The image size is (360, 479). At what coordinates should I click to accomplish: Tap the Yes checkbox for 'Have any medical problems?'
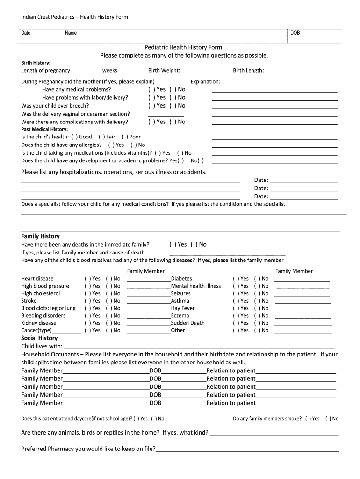point(151,89)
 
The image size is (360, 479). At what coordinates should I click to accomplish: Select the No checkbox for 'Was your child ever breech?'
point(172,106)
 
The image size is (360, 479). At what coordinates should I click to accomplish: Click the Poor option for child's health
point(124,137)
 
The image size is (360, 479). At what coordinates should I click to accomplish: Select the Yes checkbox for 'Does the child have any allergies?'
point(110,145)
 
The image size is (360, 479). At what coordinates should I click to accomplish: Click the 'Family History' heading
point(40,236)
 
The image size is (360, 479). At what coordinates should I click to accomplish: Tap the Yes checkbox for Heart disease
point(87,279)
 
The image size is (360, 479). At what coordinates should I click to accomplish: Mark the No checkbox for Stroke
point(108,301)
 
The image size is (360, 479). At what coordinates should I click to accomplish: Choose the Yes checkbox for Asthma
point(236,301)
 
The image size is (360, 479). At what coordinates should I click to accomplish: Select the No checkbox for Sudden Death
point(257,323)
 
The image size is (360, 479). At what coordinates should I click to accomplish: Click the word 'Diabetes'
point(181,279)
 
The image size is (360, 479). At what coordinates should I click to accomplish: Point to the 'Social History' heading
point(39,338)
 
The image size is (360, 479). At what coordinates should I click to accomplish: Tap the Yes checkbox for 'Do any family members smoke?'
point(308,419)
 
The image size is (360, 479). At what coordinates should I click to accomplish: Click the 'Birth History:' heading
point(36,62)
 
